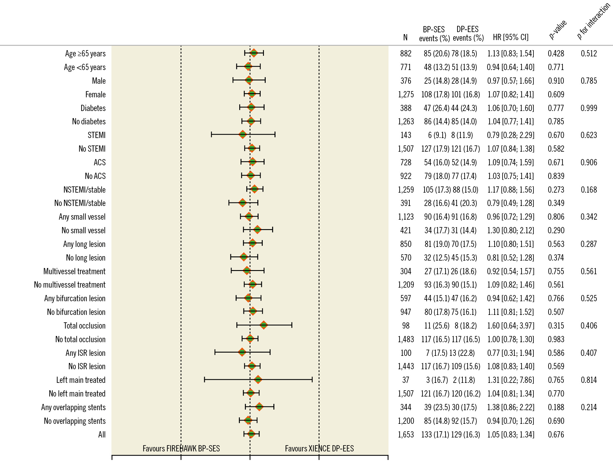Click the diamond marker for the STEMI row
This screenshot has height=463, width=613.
(x=243, y=134)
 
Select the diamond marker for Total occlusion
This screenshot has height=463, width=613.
(x=264, y=325)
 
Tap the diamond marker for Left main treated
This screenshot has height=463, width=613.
(x=258, y=379)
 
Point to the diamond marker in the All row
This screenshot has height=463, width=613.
(x=251, y=434)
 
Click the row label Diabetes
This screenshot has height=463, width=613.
(x=93, y=108)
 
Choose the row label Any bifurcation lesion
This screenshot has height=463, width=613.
(x=75, y=298)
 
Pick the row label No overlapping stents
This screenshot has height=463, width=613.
(x=75, y=421)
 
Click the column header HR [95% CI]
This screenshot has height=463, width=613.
(x=511, y=37)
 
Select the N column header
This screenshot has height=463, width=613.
(x=405, y=38)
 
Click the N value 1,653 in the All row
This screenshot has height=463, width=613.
(x=406, y=435)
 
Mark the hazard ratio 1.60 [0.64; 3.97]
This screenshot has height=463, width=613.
(x=511, y=326)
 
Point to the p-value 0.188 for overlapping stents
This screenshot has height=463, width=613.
(x=556, y=407)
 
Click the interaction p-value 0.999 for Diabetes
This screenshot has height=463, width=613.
(x=589, y=108)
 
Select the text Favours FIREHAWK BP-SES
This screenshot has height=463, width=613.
(x=181, y=448)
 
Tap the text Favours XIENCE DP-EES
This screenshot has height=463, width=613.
(x=319, y=448)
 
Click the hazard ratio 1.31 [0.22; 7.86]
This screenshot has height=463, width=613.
(x=511, y=380)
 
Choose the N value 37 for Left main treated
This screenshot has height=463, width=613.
(x=406, y=380)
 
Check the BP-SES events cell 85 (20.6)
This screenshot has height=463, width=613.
(x=436, y=53)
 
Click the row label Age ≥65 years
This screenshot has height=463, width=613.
(x=85, y=53)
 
